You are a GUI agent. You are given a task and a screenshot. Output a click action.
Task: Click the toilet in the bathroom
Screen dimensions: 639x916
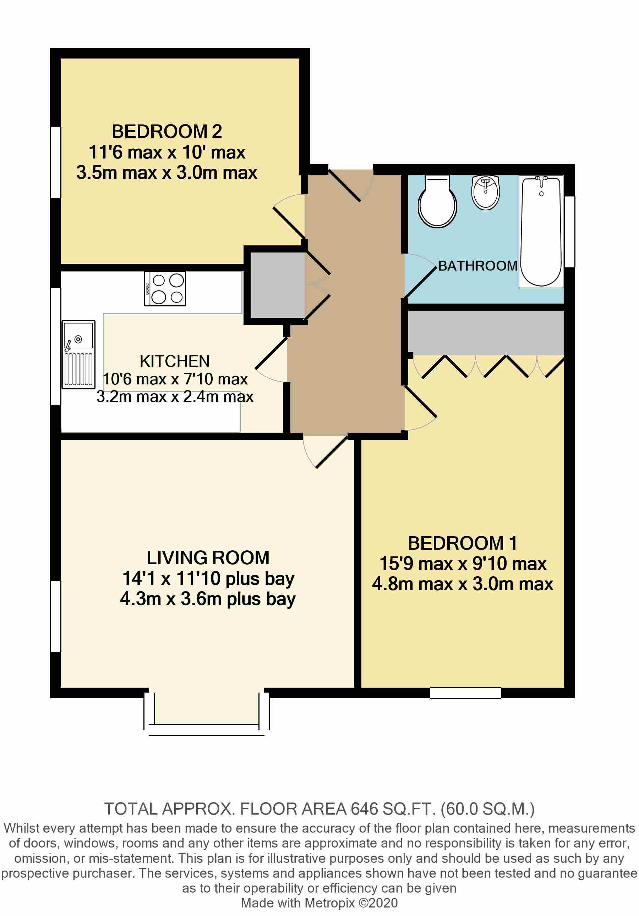437,201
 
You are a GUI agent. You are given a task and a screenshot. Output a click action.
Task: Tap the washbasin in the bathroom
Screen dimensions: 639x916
486,192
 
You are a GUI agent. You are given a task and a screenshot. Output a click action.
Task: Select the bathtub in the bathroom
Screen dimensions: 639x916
541,231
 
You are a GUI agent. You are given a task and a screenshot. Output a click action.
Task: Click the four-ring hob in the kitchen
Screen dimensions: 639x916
165,289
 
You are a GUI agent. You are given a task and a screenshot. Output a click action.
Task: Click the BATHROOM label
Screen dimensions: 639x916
478,266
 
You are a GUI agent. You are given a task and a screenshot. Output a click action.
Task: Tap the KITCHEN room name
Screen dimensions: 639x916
175,361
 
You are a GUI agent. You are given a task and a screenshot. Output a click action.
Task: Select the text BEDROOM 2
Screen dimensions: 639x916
166,131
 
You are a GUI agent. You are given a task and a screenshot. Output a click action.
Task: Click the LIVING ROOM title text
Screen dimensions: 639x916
208,557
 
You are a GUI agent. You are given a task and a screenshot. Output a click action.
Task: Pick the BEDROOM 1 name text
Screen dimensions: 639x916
463,543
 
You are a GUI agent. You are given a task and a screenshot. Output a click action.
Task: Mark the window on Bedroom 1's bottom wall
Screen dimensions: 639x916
466,693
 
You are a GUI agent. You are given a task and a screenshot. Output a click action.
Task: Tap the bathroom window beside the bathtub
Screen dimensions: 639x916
569,231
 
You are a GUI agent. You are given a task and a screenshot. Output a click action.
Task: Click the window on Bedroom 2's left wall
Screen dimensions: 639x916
55,162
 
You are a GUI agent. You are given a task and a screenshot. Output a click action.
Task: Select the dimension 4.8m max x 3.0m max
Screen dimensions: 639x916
463,584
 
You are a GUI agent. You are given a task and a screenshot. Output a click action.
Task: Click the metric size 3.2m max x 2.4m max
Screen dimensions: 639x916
175,396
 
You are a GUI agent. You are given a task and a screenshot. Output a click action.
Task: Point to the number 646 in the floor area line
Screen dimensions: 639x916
364,809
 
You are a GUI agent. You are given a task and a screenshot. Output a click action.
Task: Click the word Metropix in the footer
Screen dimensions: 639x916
329,903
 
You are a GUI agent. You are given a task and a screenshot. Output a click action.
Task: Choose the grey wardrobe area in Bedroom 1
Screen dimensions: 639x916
486,333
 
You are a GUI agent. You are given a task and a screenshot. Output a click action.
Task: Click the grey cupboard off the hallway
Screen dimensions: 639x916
278,285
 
